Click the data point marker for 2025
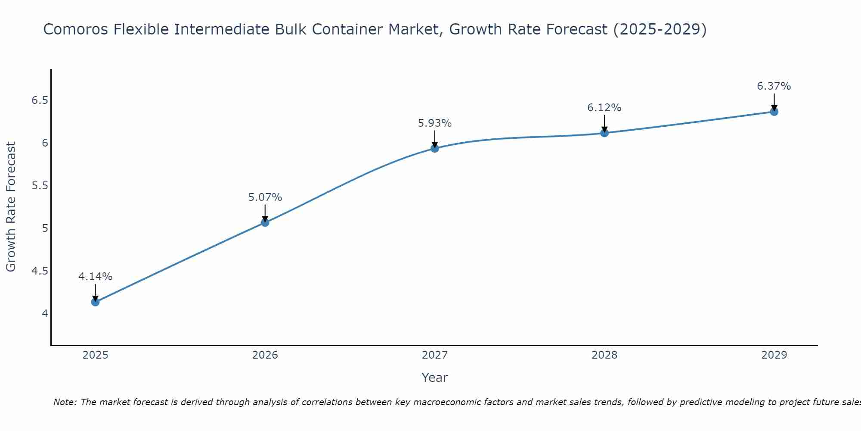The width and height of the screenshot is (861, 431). pos(95,302)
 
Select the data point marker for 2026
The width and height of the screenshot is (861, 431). pos(265,222)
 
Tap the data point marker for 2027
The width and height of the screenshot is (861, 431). pos(435,148)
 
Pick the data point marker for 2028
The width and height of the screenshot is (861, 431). pos(604,133)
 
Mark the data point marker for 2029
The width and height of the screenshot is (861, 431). pos(774,112)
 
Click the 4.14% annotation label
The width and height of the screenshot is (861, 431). pos(95,277)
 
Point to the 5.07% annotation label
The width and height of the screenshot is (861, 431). pos(265,197)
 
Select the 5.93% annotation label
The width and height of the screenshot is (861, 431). pos(435,123)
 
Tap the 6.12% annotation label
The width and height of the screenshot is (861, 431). pos(604,108)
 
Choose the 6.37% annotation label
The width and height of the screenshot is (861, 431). pos(774,86)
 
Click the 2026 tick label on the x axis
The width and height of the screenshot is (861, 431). pos(265,355)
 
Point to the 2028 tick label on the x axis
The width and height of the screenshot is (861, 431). pos(604,355)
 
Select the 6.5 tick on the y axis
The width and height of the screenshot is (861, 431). pos(39,100)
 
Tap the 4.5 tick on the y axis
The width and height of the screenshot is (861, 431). pos(39,271)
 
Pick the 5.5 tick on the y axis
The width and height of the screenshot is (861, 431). pos(39,186)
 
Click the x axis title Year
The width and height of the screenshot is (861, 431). pos(435,378)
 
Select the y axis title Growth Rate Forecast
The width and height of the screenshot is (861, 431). pos(11,207)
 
